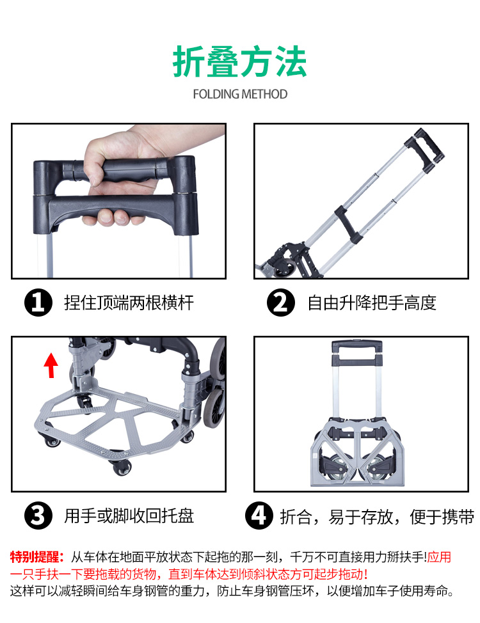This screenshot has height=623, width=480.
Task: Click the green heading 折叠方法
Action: click(x=240, y=61)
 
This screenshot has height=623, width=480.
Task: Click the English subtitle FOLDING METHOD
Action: click(x=240, y=94)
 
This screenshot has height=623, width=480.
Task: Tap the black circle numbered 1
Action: click(x=38, y=303)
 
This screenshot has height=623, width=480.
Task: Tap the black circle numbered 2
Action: click(x=281, y=303)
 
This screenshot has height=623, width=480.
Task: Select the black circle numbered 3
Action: click(x=38, y=516)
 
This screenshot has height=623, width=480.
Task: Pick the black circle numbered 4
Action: click(x=259, y=516)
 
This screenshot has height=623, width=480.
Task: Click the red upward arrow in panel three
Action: click(x=51, y=365)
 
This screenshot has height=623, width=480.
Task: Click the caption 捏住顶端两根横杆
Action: click(x=129, y=303)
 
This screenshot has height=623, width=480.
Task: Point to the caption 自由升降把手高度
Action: click(x=372, y=303)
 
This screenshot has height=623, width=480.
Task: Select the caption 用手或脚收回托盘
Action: click(x=129, y=516)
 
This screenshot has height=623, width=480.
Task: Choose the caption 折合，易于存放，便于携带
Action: click(x=377, y=517)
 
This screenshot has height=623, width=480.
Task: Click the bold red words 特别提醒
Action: click(x=36, y=556)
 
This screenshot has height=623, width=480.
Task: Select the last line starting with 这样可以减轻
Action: click(x=232, y=591)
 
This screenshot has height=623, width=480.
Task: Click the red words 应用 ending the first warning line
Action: click(x=439, y=556)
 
